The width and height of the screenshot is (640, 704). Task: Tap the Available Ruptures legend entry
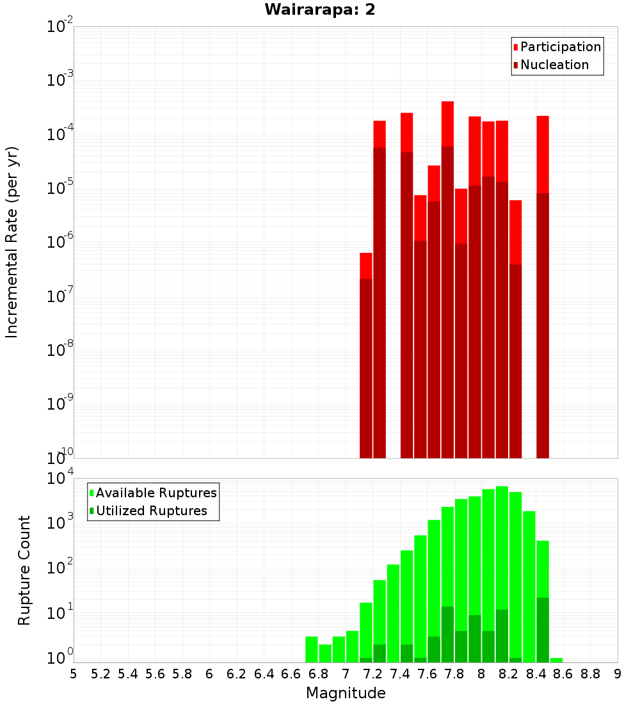coord(156,493)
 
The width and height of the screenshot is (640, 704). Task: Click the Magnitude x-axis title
coord(346,693)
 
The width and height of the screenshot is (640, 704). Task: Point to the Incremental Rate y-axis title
coord(12,242)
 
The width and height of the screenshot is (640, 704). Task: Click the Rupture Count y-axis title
coord(24,570)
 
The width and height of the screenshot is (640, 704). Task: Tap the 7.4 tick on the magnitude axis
coord(400,674)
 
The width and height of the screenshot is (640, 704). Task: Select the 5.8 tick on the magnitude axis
coord(182,674)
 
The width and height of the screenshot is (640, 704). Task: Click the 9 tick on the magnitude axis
coord(618,674)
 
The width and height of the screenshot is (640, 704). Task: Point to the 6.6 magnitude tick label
coord(291,674)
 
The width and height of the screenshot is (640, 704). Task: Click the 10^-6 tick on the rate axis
coord(60,242)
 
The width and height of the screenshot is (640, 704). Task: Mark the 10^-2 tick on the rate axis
coord(60,27)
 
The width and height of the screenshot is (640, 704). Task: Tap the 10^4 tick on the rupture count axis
coord(60,478)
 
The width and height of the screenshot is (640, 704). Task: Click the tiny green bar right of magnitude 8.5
coord(556,660)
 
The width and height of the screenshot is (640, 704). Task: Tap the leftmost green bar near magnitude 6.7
coord(312,649)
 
